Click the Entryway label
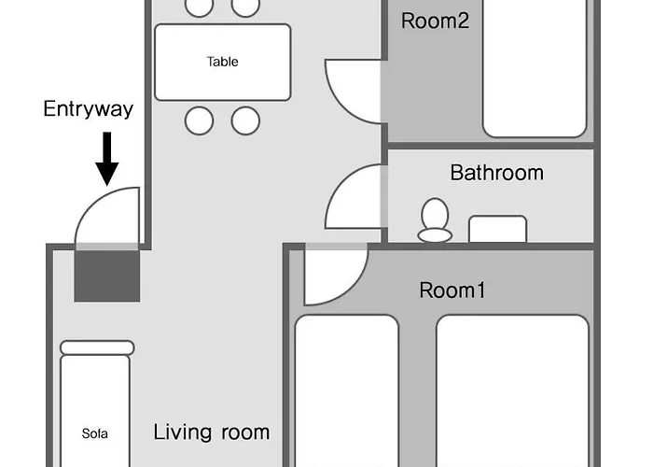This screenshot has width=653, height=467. point(89,109)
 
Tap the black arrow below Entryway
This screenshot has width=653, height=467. point(107,159)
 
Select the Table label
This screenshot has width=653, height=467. point(222,62)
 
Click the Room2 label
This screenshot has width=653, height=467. point(435,21)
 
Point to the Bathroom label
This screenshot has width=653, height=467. point(497,172)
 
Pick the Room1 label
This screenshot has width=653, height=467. point(452,290)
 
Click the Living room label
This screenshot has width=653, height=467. point(212,432)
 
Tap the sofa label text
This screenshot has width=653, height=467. point(94,433)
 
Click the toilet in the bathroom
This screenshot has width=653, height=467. point(435,220)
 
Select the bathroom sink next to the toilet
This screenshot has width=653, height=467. point(497,229)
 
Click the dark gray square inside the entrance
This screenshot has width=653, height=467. point(107,276)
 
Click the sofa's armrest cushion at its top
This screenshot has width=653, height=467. point(97,347)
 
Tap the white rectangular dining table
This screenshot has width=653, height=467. point(222,63)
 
